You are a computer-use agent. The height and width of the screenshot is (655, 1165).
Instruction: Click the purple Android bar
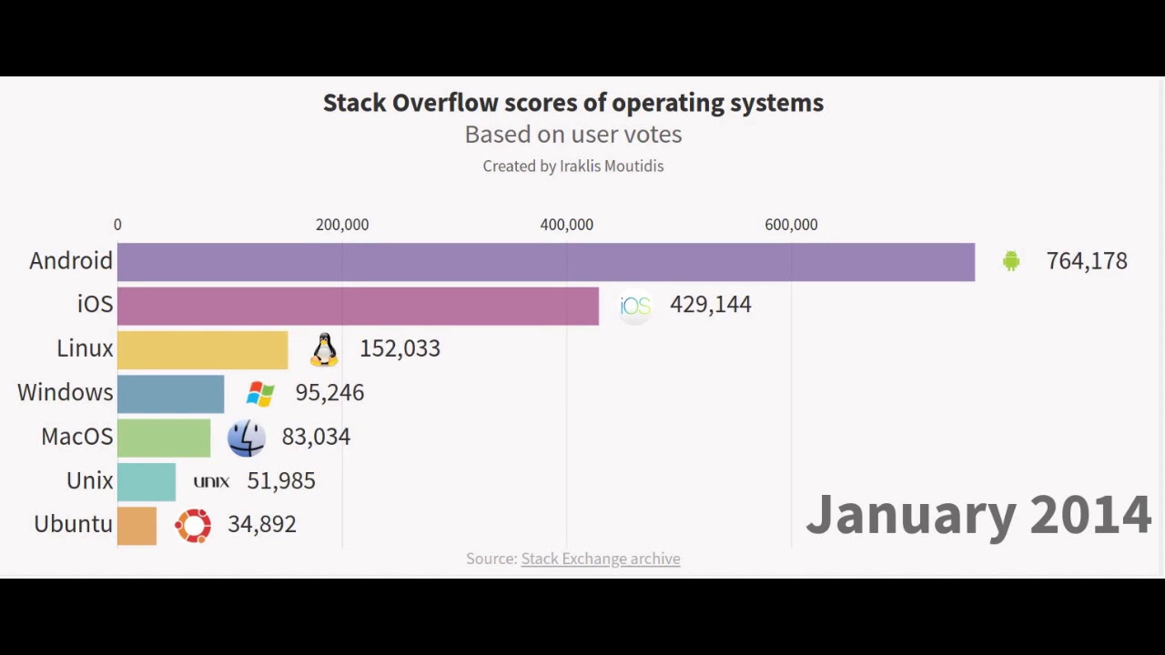pos(546,262)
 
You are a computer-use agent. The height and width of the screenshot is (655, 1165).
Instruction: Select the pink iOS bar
pos(358,306)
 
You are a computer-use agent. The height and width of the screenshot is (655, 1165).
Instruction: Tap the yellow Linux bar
pos(202,349)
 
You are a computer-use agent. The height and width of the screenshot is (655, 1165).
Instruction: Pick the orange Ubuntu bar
pos(137,526)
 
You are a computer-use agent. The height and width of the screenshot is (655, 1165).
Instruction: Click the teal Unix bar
pos(146,481)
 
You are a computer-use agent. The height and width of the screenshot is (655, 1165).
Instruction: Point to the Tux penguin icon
pos(324,349)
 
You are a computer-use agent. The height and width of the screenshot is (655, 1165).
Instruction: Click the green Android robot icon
pos(1010,262)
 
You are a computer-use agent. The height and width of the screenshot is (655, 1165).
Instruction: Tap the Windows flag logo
pos(260,393)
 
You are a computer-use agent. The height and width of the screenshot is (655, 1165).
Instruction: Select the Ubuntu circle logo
pos(193,525)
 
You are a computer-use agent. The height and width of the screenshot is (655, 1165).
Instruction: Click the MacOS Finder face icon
pos(246,438)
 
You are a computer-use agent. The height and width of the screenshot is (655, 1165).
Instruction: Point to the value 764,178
pos(1087,261)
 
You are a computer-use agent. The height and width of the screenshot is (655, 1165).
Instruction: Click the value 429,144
pos(710,305)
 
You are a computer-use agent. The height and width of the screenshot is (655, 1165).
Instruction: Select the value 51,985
pos(280,481)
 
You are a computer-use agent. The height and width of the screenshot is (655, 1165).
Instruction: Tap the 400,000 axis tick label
pos(566,225)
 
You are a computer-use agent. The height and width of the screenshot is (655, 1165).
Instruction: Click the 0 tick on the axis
pos(117,225)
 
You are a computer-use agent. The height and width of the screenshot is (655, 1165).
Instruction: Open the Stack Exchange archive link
pos(600,559)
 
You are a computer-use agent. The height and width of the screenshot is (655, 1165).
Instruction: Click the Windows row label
pos(65,393)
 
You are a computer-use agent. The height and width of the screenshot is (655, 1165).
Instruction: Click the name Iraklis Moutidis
pos(612,166)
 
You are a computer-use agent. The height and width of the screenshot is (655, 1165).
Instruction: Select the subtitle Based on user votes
pos(572,135)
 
